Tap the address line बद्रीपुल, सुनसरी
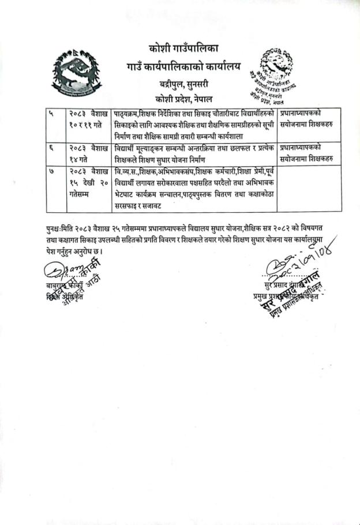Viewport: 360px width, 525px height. [x=179, y=84]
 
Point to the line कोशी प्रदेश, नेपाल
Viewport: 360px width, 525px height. [x=179, y=97]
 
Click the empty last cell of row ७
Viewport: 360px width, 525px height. [x=306, y=188]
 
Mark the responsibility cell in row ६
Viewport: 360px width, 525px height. [x=306, y=153]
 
